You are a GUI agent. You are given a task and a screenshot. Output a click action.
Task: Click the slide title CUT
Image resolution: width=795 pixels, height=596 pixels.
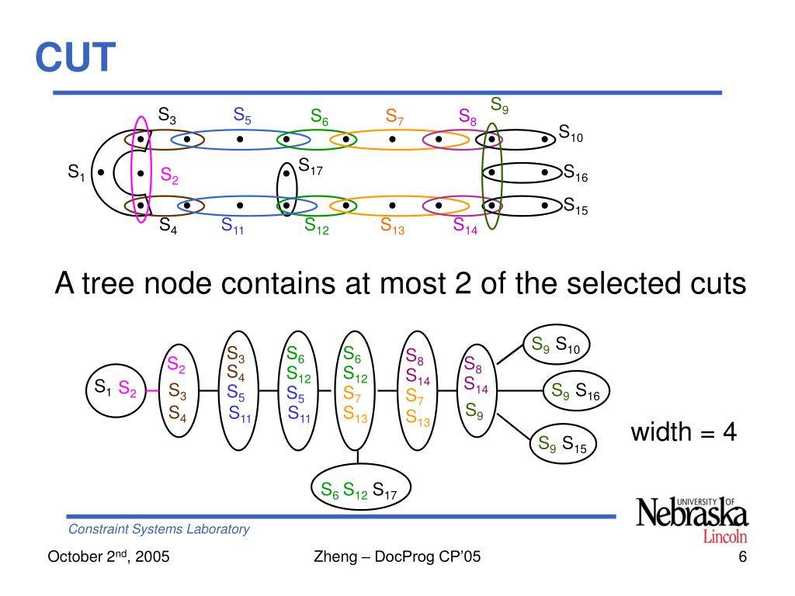(x=75, y=57)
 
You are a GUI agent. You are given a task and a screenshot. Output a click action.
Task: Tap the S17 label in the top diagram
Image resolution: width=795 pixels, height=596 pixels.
(x=311, y=166)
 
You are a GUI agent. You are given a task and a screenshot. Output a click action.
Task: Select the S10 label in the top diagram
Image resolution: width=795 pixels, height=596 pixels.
(x=571, y=133)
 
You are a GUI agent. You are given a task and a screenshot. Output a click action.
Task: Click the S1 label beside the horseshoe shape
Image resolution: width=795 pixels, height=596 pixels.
(x=76, y=172)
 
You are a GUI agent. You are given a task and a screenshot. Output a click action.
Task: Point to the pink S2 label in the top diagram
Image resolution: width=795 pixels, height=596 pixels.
(x=169, y=175)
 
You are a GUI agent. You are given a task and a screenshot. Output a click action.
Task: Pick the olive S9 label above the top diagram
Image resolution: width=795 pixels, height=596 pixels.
(x=499, y=106)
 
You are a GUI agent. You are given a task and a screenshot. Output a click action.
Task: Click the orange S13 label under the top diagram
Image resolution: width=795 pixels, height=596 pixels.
(x=392, y=226)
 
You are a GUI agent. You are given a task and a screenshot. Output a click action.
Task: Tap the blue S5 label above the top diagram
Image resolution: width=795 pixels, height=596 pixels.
(x=242, y=116)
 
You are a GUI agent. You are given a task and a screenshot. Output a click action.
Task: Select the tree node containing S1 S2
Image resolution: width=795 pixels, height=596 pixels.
(x=116, y=390)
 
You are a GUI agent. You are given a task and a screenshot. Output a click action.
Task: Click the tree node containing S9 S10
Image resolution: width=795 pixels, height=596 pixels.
(x=556, y=345)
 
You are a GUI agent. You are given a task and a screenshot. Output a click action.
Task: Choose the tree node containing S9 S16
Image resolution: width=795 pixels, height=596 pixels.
(x=576, y=391)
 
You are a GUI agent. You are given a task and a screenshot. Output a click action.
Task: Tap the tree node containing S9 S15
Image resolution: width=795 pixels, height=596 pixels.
(x=563, y=443)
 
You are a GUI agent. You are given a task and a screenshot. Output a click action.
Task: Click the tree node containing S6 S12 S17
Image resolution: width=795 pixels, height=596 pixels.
(x=360, y=487)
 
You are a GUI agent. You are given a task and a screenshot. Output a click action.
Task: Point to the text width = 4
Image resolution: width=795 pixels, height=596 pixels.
(x=683, y=432)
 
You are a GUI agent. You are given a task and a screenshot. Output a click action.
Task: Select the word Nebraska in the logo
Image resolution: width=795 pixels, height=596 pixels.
(x=692, y=514)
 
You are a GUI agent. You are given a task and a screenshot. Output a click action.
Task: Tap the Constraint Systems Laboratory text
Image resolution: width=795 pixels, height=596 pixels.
(x=158, y=529)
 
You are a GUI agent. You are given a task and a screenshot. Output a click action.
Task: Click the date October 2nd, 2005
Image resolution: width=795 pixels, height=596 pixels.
(x=109, y=556)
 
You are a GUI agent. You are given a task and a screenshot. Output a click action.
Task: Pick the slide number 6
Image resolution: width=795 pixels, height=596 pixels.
(x=742, y=557)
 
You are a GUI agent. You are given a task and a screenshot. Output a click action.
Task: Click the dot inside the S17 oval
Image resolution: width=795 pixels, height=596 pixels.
(x=286, y=173)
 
